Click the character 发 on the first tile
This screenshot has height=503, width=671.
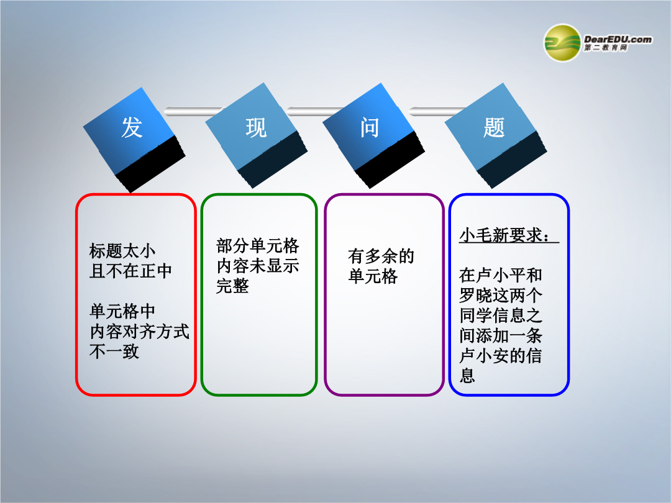pyautogui.click(x=132, y=127)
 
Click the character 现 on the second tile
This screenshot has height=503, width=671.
pyautogui.click(x=256, y=127)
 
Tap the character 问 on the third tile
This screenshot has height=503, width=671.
pyautogui.click(x=369, y=127)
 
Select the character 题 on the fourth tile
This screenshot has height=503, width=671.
pyautogui.click(x=494, y=127)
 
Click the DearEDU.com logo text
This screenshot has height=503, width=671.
pyautogui.click(x=618, y=40)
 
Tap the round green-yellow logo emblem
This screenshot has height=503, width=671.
pyautogui.click(x=562, y=43)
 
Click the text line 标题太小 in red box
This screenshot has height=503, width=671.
pyautogui.click(x=122, y=251)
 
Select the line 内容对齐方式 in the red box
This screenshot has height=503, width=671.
pyautogui.click(x=139, y=332)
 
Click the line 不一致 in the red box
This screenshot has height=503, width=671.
pyautogui.click(x=114, y=351)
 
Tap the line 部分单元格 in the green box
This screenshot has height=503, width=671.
pyautogui.click(x=258, y=246)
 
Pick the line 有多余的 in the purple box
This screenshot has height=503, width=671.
pyautogui.click(x=381, y=256)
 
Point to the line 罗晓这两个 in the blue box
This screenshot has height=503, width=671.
pyautogui.click(x=501, y=295)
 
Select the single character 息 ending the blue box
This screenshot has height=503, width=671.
pyautogui.click(x=467, y=376)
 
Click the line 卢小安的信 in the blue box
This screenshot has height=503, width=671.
pyautogui.click(x=501, y=355)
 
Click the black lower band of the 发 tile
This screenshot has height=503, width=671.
pyautogui.click(x=150, y=164)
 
